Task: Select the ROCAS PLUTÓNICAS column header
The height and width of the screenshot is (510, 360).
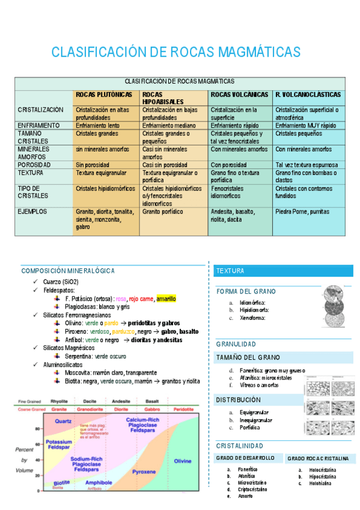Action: click(x=104, y=95)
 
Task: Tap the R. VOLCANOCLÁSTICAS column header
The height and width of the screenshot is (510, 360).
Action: click(x=308, y=95)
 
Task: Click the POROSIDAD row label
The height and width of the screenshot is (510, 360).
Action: click(x=34, y=165)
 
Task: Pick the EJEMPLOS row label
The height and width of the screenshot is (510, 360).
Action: click(x=32, y=212)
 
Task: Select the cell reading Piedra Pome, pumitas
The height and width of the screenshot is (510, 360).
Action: click(x=302, y=212)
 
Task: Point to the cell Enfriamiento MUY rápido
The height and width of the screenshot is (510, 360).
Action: click(x=305, y=126)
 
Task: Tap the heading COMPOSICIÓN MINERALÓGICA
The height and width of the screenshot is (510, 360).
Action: click(x=68, y=271)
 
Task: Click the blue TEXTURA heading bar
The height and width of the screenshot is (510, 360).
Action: click(x=230, y=271)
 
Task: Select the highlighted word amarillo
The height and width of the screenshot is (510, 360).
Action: click(x=166, y=299)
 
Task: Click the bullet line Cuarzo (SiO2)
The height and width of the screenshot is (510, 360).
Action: click(x=61, y=282)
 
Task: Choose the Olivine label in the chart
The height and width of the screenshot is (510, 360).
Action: click(x=183, y=461)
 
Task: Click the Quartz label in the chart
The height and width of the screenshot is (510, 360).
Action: click(x=64, y=421)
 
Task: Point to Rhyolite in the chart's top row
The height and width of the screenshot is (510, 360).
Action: click(x=59, y=401)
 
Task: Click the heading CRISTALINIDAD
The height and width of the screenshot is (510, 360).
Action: click(x=240, y=446)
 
